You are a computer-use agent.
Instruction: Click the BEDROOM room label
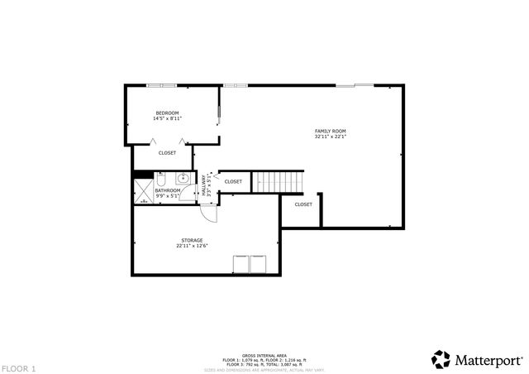click(167, 113)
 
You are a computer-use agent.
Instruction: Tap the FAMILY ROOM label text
click(330, 131)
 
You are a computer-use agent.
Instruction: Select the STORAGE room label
click(192, 240)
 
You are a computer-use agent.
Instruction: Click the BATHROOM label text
click(167, 189)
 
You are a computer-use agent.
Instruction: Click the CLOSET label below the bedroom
click(167, 153)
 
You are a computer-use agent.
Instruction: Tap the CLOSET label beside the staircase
click(233, 181)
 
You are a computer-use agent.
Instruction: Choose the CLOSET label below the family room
click(303, 204)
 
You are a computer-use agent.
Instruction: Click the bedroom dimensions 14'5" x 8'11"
click(167, 118)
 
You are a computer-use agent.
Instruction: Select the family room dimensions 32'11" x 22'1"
click(330, 137)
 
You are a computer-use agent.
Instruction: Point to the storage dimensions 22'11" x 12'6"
click(192, 246)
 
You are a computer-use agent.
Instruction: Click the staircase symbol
click(278, 180)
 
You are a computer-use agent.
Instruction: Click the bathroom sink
click(182, 178)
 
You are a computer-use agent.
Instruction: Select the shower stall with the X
click(144, 191)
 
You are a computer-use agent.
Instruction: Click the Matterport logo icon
click(440, 359)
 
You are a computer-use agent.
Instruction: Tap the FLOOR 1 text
click(18, 367)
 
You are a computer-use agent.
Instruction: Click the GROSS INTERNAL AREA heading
click(264, 353)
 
